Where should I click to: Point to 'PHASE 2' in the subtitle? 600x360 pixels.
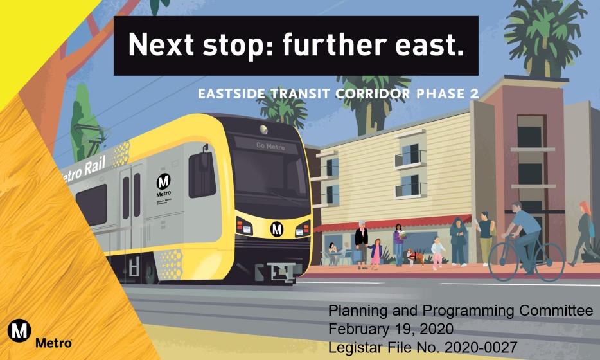(449, 94)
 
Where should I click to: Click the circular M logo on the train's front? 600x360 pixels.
(277, 228)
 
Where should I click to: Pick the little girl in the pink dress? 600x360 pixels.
(375, 252)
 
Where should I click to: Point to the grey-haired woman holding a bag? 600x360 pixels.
(362, 242)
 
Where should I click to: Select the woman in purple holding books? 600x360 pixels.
(398, 242)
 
